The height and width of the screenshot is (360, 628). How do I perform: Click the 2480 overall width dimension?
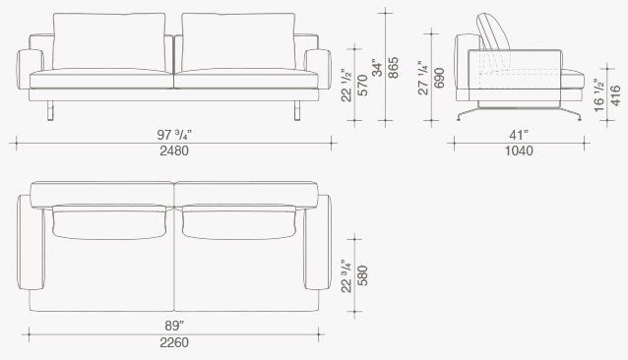click(x=174, y=150)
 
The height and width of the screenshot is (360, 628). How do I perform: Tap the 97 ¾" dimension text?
click(x=174, y=135)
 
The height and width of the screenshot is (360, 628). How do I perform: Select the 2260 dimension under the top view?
click(x=174, y=342)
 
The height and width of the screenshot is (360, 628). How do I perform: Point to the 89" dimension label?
click(x=174, y=326)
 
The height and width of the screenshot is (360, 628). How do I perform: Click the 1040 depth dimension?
click(x=519, y=150)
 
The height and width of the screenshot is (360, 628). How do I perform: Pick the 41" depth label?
click(x=519, y=135)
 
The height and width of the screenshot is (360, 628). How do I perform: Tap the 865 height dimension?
click(x=394, y=68)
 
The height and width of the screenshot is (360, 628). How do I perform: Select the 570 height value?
click(x=362, y=86)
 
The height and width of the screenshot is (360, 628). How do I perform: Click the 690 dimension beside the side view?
click(x=439, y=78)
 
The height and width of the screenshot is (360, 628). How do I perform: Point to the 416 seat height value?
click(x=615, y=95)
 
